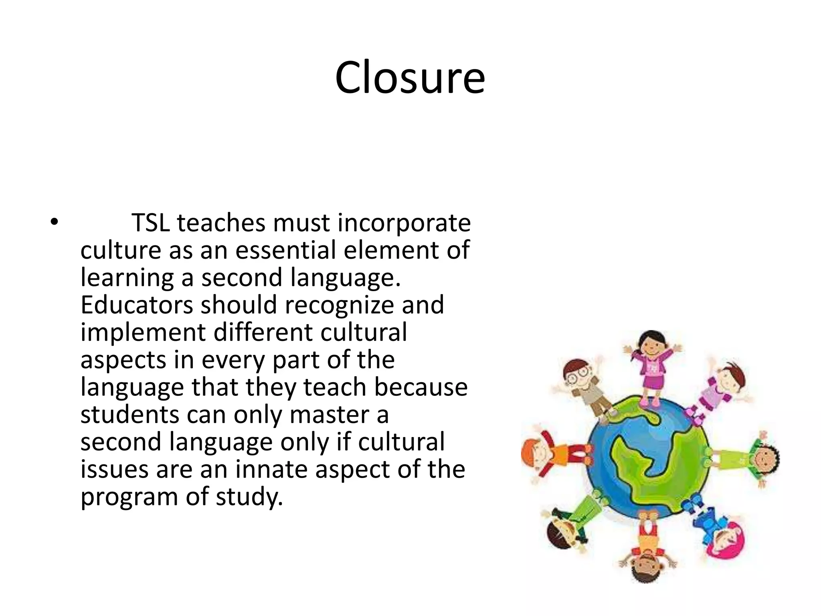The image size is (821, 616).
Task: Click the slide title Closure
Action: point(410,77)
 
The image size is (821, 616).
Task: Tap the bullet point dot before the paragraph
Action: point(55,222)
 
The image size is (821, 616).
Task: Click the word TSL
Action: point(150,223)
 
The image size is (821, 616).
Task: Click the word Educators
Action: point(137,305)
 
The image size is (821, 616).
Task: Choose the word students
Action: point(129,415)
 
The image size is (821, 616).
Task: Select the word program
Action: point(129,497)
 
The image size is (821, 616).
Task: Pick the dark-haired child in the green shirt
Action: point(754,457)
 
